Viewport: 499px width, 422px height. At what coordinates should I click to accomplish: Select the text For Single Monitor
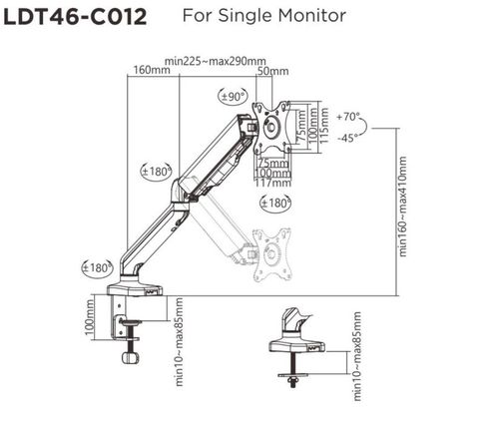coord(265,17)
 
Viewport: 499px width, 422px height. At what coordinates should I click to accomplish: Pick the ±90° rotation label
coord(231,97)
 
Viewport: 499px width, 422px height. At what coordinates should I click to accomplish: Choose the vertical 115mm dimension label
coord(323,128)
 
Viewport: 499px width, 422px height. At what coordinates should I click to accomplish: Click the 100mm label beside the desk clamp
coord(88,326)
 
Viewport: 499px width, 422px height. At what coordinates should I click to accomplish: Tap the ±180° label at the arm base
coord(96,267)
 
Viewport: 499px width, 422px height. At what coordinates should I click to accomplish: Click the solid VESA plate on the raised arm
coord(271,127)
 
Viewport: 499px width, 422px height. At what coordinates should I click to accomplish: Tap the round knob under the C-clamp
coord(130,357)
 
